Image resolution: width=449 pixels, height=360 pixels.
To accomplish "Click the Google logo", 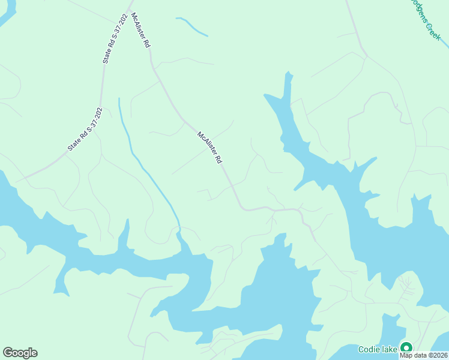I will pos(20,353).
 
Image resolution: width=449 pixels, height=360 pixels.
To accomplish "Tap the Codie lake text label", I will pos(378,349).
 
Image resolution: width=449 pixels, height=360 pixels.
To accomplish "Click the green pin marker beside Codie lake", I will pos(406,348).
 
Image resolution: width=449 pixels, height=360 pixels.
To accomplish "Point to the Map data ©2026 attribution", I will pos(424,355).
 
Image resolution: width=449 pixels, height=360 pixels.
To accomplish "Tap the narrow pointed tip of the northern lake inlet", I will pos(288,74).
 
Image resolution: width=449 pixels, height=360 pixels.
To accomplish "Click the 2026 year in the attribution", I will pos(438,355).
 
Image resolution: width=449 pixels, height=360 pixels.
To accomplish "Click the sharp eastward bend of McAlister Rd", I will pos(244,208).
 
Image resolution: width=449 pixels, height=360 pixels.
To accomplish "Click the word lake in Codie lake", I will pos(388,349).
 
